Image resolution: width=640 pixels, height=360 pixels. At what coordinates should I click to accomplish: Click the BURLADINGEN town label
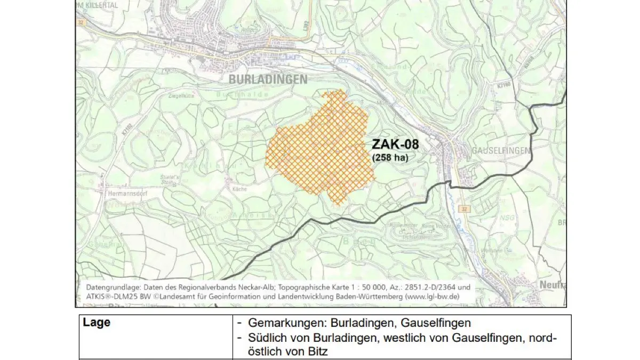[x=268, y=79]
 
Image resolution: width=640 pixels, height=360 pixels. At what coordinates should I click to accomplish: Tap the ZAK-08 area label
[x=395, y=145]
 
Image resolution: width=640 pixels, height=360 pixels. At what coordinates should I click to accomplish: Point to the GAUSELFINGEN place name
[x=501, y=151]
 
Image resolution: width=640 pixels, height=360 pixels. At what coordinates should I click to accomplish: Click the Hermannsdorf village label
[x=126, y=194]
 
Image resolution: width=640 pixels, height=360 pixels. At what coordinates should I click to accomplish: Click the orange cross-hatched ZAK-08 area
[x=320, y=149]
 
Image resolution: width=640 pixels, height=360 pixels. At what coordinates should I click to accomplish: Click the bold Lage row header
[x=97, y=323]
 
